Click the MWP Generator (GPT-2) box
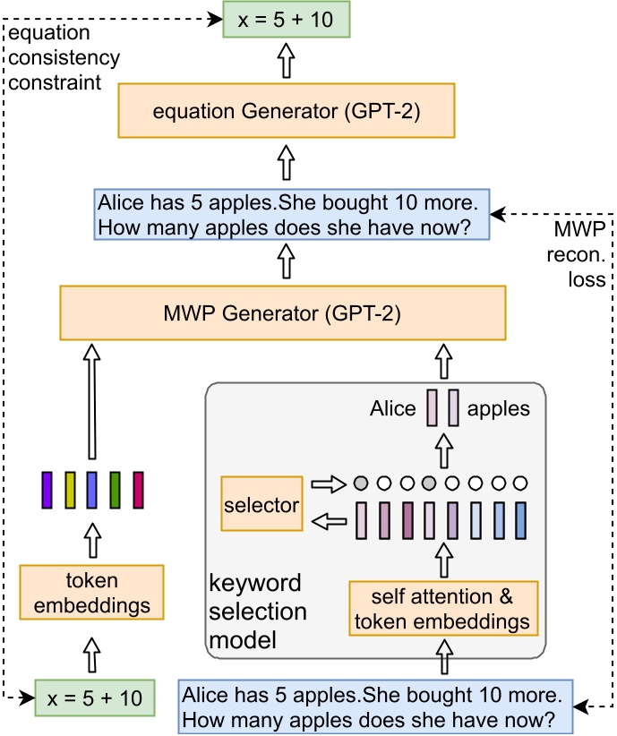(x=281, y=314)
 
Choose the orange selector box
(x=261, y=505)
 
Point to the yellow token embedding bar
(x=70, y=489)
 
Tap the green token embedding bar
(x=115, y=489)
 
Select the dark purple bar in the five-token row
(x=47, y=489)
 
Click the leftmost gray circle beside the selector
(x=360, y=484)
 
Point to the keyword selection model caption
(x=258, y=612)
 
